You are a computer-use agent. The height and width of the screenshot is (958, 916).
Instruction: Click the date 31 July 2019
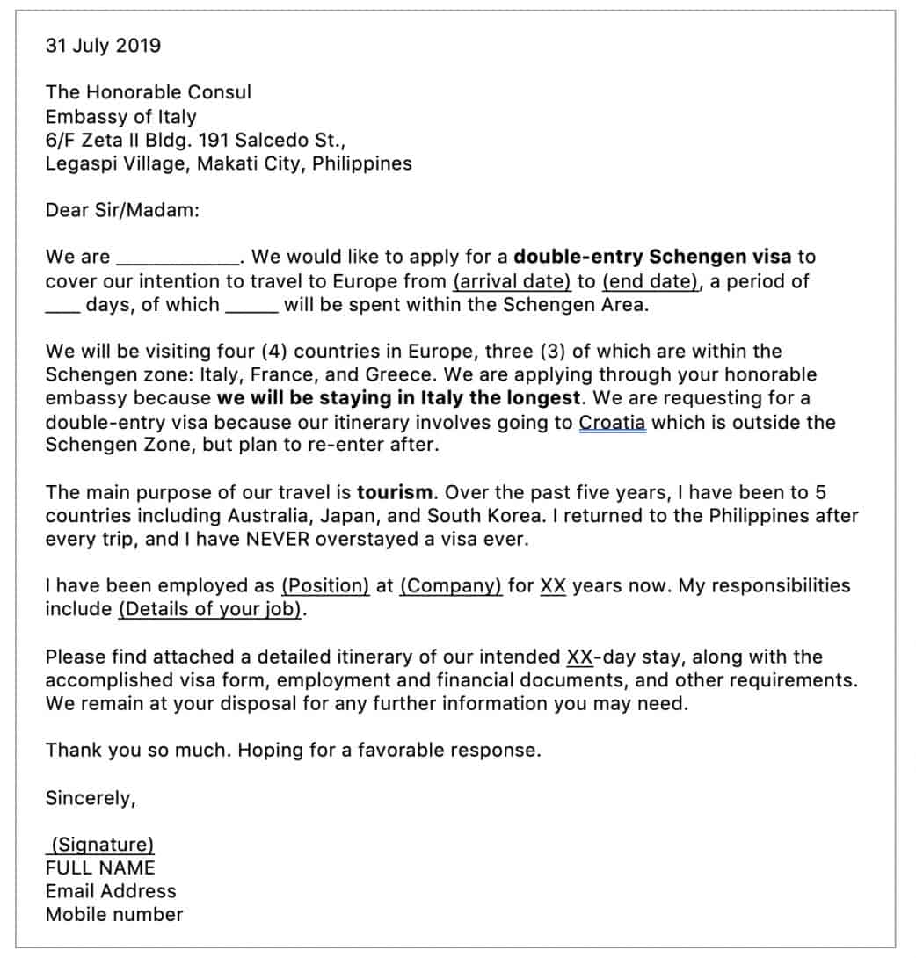coord(103,46)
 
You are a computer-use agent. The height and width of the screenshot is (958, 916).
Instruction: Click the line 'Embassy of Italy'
coord(120,116)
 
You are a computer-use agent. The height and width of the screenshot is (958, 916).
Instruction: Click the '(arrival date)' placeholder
coord(512,281)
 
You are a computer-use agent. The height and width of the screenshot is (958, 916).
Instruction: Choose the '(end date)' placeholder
coord(651,281)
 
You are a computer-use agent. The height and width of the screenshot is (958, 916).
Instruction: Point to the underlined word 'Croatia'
coord(612,422)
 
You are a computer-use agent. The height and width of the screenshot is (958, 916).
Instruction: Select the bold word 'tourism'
coord(394,492)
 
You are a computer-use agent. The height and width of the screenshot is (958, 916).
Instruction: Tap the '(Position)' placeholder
coord(324,585)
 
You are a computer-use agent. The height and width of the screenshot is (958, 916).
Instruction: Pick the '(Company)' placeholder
coord(450,585)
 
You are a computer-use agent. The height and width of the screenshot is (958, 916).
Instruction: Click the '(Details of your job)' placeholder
coord(210,609)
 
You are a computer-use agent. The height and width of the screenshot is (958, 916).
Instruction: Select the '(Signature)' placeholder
coord(101,845)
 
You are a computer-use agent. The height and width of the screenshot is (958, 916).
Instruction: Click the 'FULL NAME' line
coord(100,867)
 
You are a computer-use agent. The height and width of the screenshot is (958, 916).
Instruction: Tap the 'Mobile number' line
coord(114,914)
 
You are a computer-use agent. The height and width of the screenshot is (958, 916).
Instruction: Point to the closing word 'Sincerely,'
coord(91,798)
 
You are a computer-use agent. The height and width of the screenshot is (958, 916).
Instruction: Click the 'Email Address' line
coord(111,890)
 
